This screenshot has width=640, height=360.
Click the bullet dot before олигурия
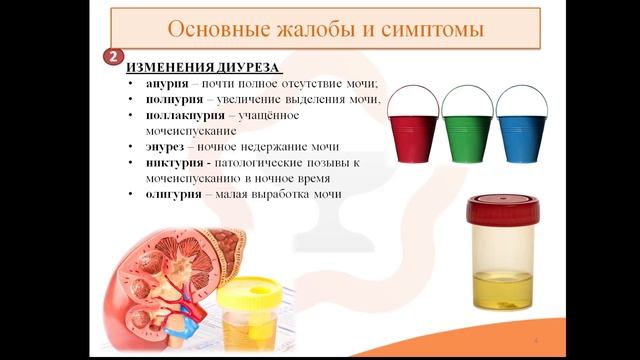[x=133, y=193]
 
